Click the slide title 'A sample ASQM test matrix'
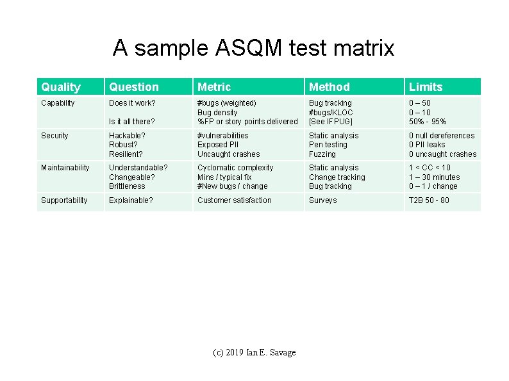253,48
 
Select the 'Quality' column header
61,87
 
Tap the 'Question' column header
133,87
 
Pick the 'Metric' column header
214,87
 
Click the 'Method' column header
330,87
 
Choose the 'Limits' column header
426,87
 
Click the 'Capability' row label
58,103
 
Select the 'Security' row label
54,136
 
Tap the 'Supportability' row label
64,200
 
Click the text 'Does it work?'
132,103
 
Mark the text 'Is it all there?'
132,122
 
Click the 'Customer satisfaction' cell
234,200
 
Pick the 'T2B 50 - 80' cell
429,200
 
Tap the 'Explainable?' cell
131,200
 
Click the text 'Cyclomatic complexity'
235,168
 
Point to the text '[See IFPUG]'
331,122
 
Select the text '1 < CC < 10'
430,168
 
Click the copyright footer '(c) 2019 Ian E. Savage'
254,353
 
